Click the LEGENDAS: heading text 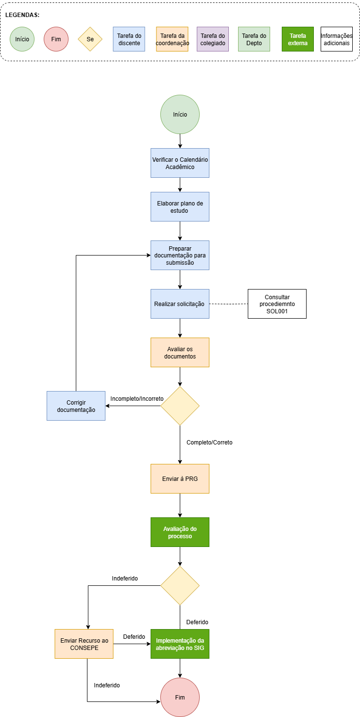coord(22,15)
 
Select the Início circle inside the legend coord(22,39)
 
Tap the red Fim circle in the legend coord(56,39)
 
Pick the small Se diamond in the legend coord(90,39)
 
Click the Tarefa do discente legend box coord(129,39)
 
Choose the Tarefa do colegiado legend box coord(213,39)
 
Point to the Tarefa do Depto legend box coord(254,39)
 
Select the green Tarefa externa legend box coord(298,39)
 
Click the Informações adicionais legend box coord(336,39)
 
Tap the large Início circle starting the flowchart coord(180,115)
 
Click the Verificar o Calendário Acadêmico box coord(180,163)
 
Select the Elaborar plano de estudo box coord(180,206)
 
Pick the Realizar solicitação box coord(180,304)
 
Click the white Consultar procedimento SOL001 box coord(277,304)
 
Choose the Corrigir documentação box coord(76,406)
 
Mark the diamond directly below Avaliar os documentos coord(180,406)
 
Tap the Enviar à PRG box coord(180,478)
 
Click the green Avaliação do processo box coord(180,532)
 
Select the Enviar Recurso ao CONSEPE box coord(84,644)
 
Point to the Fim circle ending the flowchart coord(180,697)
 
